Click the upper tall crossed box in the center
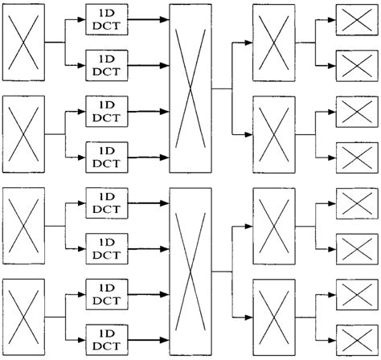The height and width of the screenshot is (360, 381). [190, 88]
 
